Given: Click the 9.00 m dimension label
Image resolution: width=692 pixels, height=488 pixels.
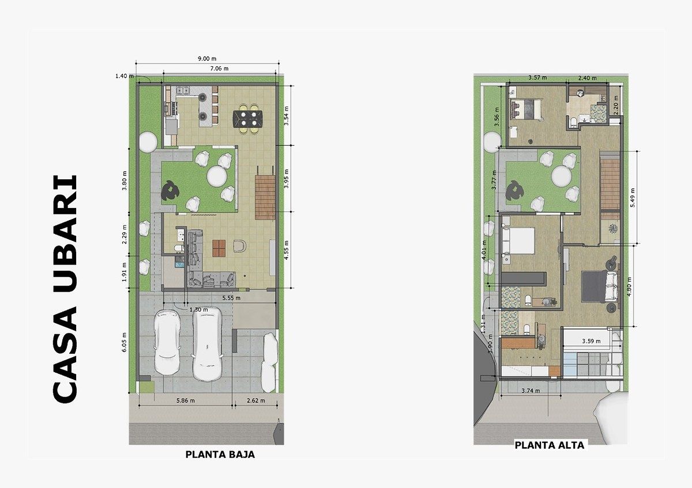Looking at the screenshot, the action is tap(207, 59).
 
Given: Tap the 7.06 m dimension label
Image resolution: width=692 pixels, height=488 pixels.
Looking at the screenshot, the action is tap(219, 69).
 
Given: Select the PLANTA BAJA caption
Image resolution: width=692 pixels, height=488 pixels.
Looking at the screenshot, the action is tap(220, 455).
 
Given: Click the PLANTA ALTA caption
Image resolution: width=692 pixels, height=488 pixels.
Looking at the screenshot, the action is tap(550, 445).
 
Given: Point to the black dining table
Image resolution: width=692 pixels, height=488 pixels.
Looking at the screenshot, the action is tap(248, 119).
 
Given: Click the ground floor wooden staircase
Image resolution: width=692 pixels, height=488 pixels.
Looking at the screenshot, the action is tap(265, 198).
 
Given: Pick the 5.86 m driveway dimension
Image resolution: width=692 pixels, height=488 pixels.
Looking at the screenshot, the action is tap(185, 400).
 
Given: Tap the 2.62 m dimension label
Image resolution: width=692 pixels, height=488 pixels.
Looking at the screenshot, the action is tap(256, 400).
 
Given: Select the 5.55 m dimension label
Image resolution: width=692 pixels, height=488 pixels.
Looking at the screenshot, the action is tap(231, 298).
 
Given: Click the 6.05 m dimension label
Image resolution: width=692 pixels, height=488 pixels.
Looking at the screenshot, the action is tap(124, 342).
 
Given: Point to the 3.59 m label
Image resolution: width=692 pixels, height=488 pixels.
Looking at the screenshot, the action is tap(591, 341).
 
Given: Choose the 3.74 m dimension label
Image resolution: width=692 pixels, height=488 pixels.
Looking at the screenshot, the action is tap(531, 391).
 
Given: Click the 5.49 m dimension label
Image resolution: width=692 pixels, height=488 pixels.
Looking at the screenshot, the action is tap(633, 198).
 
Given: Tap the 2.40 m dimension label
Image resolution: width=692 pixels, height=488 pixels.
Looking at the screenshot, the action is tap(587, 78).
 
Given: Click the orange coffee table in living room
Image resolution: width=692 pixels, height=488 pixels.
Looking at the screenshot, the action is tap(219, 248).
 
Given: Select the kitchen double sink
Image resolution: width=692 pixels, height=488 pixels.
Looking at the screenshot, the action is tap(183, 90).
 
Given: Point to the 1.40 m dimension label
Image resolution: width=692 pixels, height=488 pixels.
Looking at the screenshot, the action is tap(125, 76).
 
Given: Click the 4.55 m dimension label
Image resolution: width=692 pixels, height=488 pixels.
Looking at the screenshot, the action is tap(287, 250).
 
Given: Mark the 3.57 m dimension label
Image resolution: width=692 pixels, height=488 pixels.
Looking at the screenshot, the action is tap(537, 77).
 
